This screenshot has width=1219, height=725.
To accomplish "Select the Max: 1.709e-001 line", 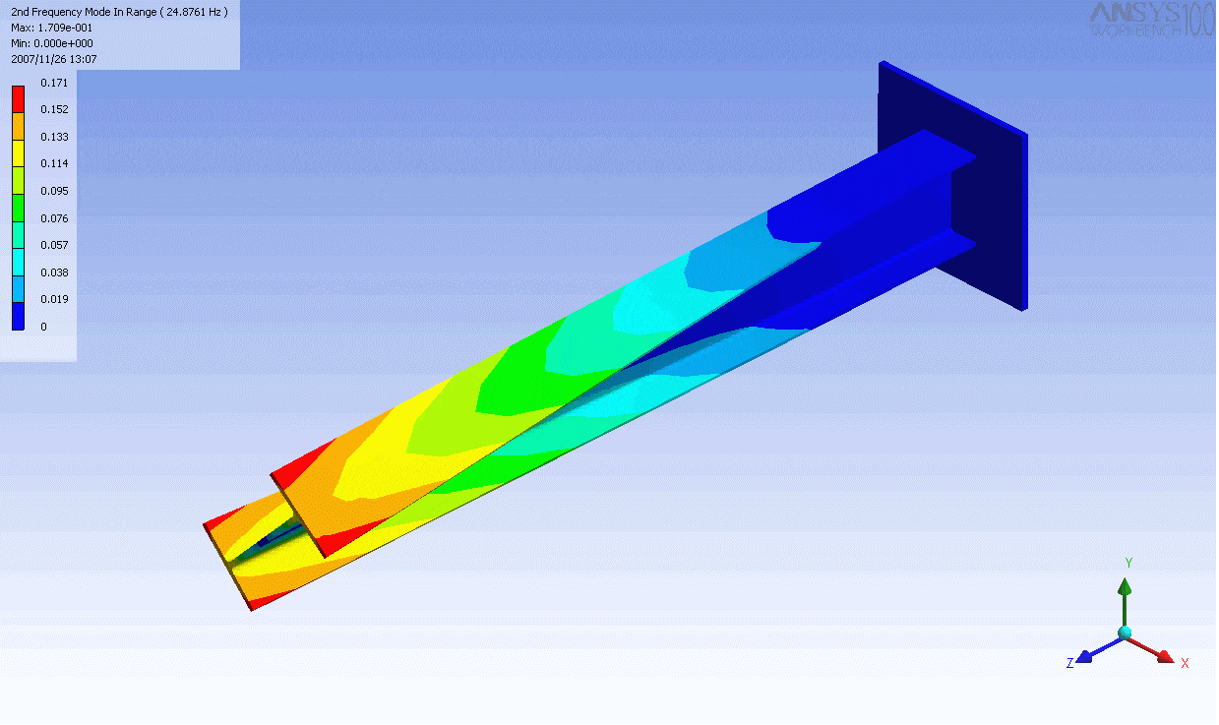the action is click(52, 28).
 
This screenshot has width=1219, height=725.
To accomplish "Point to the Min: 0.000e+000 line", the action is click(52, 43).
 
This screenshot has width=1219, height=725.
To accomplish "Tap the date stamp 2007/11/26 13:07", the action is click(54, 59).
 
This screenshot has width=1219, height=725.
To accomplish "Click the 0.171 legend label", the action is click(54, 83).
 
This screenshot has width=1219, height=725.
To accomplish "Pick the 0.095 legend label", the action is click(54, 191).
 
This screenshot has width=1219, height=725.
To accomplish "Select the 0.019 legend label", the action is click(54, 299).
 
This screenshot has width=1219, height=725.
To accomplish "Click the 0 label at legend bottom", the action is click(43, 327).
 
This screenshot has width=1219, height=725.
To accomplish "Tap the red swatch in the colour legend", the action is click(18, 99).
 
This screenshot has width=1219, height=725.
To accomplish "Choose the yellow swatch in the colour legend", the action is click(18, 153).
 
